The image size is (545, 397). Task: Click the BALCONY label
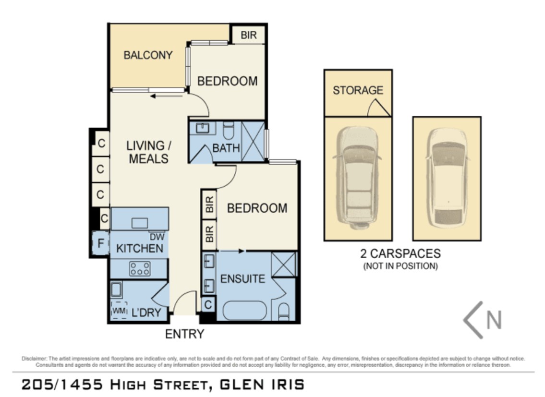click(148, 55)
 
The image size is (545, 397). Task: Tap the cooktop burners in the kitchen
click(140, 268)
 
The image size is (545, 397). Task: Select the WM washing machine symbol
click(119, 311)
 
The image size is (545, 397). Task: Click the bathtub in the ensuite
click(244, 310)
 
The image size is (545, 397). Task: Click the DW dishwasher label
click(157, 237)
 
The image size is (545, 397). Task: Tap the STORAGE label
click(358, 90)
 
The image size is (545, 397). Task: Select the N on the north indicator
click(494, 320)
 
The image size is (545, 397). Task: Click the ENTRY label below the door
click(184, 334)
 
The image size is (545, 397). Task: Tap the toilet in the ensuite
click(284, 312)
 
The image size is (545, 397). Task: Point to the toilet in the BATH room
click(229, 130)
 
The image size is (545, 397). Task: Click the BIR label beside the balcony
click(249, 35)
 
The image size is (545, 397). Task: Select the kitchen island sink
click(140, 223)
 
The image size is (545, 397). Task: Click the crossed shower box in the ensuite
click(284, 264)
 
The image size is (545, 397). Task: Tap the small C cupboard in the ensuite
click(208, 304)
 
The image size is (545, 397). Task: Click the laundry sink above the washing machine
click(116, 290)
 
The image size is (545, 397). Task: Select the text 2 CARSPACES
click(400, 253)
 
